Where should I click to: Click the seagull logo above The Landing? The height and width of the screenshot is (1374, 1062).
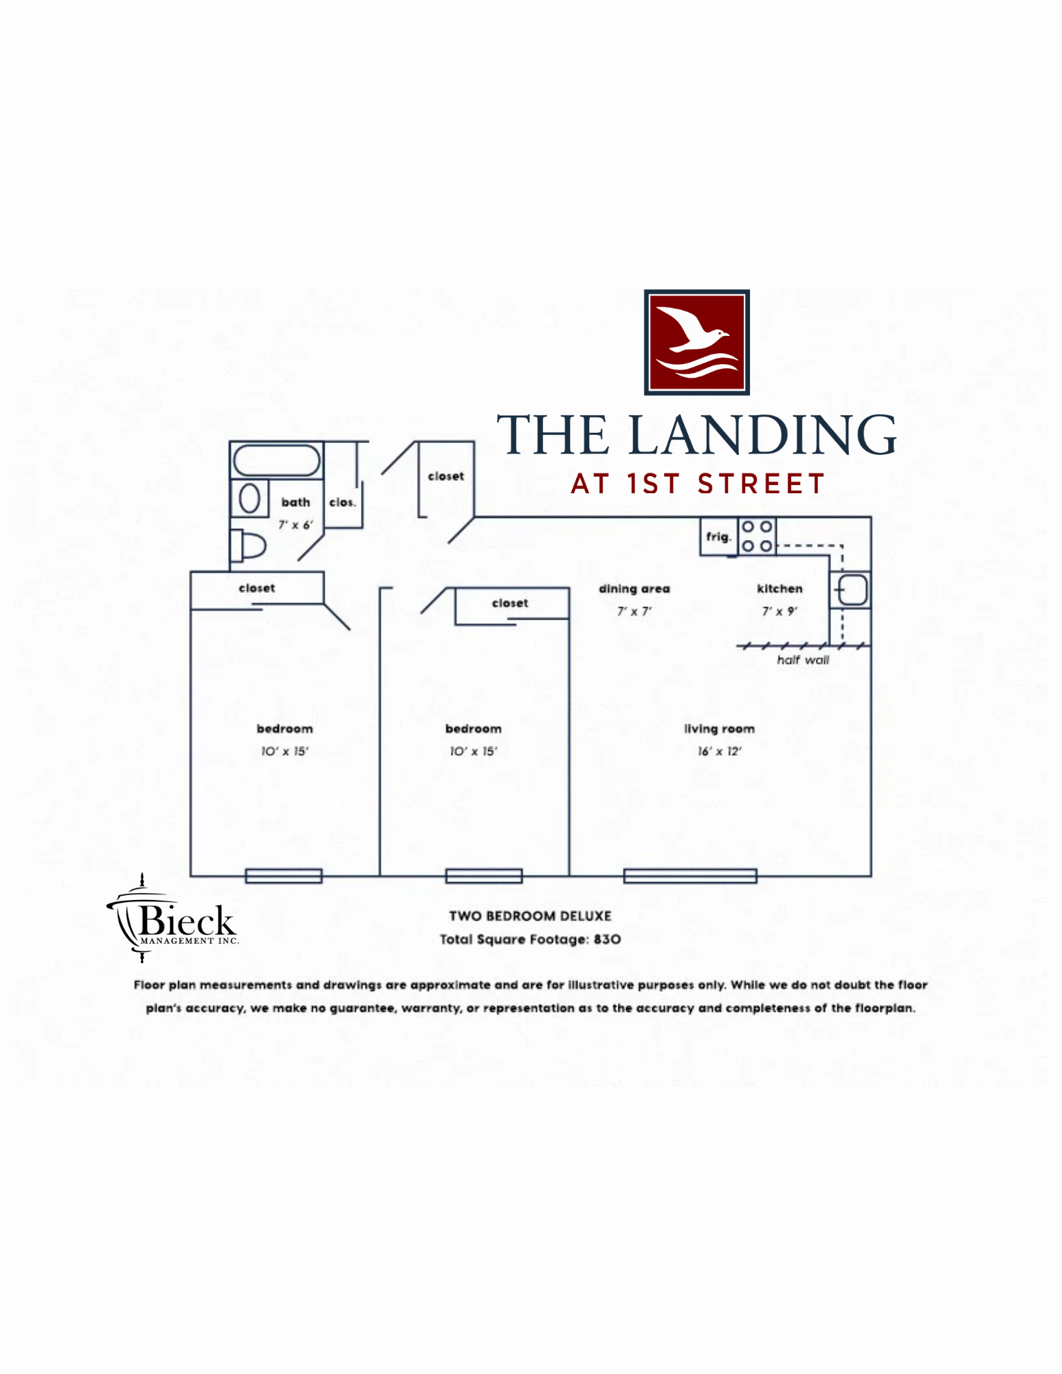[x=696, y=342]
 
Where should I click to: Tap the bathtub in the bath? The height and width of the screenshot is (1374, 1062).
[x=276, y=460]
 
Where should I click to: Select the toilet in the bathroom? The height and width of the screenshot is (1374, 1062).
[x=248, y=546]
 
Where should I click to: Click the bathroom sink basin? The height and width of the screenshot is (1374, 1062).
[x=249, y=498]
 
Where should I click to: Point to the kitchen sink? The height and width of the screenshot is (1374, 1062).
[x=852, y=589]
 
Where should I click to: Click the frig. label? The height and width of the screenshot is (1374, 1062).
[x=718, y=537]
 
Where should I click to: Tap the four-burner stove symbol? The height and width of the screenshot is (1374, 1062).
[x=757, y=536]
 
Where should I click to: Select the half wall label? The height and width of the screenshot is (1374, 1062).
[x=803, y=660]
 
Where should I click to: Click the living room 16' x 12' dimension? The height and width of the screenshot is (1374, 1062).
[x=720, y=751]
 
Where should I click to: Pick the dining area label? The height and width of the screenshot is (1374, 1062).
[x=634, y=589]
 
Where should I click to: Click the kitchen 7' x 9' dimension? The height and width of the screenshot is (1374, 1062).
[x=779, y=611]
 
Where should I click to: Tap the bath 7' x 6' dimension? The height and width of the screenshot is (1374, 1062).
[x=296, y=525]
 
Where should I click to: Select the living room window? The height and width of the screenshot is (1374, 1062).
[x=690, y=875]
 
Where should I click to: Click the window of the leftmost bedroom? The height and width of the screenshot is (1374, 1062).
[x=284, y=875]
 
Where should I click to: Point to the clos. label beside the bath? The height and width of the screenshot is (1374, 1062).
[x=342, y=502]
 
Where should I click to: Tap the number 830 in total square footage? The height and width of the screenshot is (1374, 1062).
[x=607, y=939]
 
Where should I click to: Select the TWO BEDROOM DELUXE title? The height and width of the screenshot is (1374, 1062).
[x=530, y=916]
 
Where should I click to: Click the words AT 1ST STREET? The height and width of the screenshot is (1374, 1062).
[x=698, y=484]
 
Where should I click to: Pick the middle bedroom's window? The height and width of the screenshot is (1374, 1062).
[x=484, y=875]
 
